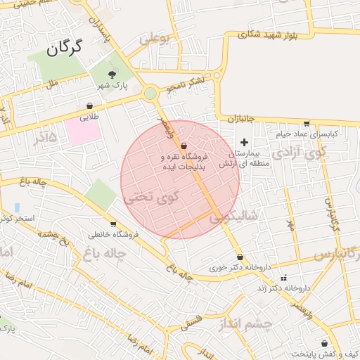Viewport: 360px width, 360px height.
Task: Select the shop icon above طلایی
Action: click(89, 106)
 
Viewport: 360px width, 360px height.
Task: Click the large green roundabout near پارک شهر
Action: click(150, 94)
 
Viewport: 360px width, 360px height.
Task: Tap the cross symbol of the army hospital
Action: click(244, 142)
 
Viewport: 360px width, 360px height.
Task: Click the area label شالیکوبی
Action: click(231, 217)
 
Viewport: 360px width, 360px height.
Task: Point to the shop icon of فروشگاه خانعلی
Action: click(113, 224)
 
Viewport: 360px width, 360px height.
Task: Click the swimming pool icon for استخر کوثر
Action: click(16, 207)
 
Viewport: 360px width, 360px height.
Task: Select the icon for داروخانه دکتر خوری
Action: click(241, 257)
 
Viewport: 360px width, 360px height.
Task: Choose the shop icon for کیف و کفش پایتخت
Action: click(323, 343)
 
